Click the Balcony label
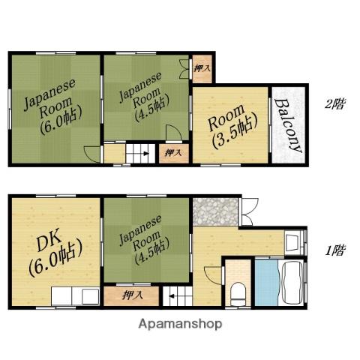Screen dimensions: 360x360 click(x=288, y=125)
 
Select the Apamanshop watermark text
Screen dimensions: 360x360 click(x=180, y=324)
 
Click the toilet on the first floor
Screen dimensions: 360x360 click(x=238, y=294)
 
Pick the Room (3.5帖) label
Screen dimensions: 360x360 click(x=232, y=127)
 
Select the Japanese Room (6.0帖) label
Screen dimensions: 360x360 click(x=52, y=107)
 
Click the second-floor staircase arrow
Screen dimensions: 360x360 click(x=145, y=154)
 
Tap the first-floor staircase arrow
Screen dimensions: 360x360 click(x=172, y=296)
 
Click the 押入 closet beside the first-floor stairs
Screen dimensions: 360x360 click(x=131, y=296)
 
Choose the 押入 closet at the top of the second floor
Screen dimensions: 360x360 click(x=202, y=68)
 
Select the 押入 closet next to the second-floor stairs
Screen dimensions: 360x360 click(x=174, y=154)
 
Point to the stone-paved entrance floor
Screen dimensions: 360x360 click(x=215, y=211)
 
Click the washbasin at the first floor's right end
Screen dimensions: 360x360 click(x=293, y=242)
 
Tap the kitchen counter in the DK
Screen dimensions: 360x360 click(x=76, y=296)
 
